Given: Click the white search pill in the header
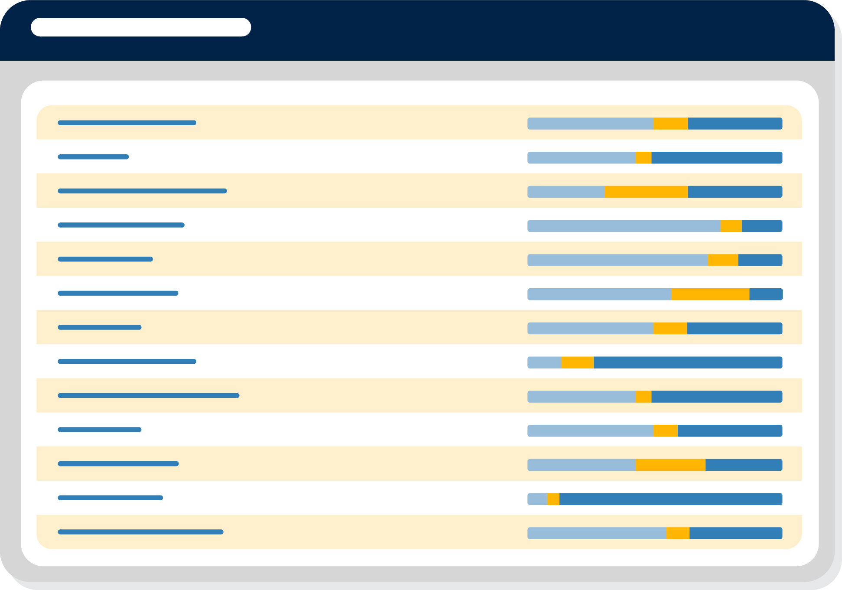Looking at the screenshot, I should click(141, 27).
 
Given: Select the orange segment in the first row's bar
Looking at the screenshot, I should click(670, 124).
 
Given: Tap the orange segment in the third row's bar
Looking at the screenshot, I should click(646, 192).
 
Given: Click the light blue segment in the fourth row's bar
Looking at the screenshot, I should click(624, 226).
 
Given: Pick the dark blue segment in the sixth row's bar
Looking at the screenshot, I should click(766, 294).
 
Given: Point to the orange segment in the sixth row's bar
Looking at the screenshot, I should click(710, 294).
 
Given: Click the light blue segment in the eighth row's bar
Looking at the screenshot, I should click(544, 362).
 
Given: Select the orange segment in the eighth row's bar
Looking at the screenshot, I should click(577, 362).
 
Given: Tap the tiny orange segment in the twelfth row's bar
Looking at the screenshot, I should click(553, 499).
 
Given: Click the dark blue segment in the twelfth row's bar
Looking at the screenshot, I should click(670, 499).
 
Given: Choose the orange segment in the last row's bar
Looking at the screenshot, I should click(677, 533).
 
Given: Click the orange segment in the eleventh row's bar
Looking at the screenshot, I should click(670, 465).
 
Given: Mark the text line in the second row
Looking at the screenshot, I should click(93, 157).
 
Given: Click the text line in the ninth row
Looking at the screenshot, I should click(148, 395).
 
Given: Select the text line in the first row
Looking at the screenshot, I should click(127, 123).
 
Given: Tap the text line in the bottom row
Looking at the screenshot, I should click(140, 532).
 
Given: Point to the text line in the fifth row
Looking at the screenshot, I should click(105, 259).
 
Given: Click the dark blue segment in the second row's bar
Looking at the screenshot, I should click(716, 158).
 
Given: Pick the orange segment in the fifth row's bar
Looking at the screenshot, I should click(722, 260).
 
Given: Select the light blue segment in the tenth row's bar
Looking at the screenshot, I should click(590, 430).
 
